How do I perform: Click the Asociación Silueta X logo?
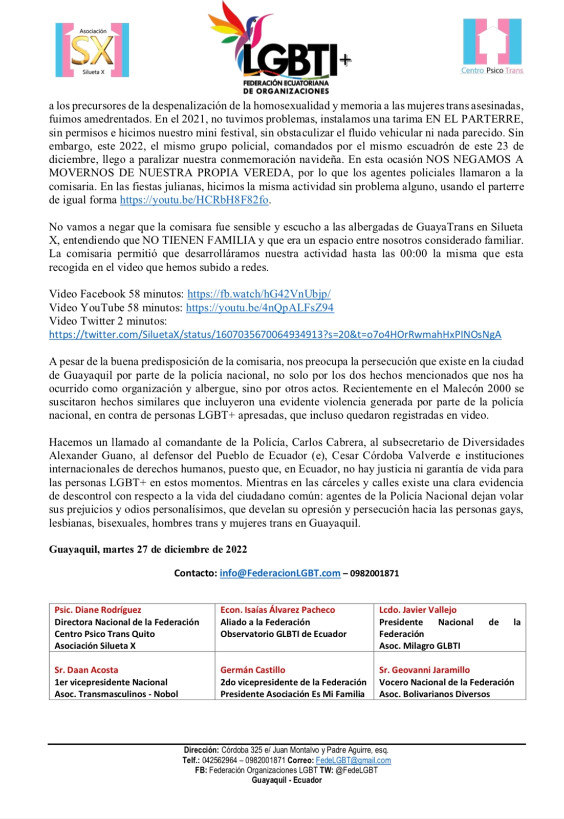click(92, 50)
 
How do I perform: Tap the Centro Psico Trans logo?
click(492, 47)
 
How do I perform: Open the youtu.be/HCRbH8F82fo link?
click(194, 200)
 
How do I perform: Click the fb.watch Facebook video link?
click(259, 294)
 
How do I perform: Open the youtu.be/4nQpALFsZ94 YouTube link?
click(259, 308)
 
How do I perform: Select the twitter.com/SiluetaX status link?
click(275, 335)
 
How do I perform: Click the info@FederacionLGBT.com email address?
click(280, 573)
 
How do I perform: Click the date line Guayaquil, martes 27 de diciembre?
click(148, 550)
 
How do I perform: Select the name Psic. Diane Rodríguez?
click(98, 610)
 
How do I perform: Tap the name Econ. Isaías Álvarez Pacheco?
click(277, 610)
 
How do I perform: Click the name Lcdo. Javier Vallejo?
click(418, 610)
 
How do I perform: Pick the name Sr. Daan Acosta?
click(86, 670)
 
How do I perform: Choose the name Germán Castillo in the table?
click(253, 670)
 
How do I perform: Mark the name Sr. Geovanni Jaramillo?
click(424, 670)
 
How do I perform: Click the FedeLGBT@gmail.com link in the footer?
click(353, 761)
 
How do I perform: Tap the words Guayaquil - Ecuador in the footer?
click(287, 780)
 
